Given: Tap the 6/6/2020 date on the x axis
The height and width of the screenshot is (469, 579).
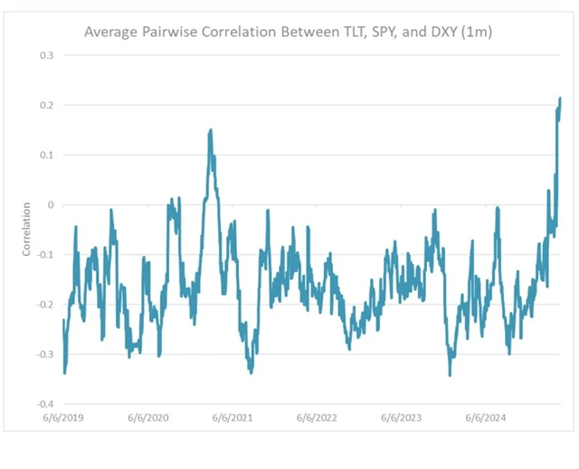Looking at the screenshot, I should tap(147, 418).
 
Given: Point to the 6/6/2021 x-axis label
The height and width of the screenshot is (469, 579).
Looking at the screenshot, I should tap(232, 418).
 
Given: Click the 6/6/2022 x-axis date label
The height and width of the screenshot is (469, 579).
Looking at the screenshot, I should tap(316, 418).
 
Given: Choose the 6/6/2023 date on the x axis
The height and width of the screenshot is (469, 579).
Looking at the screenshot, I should tap(401, 418).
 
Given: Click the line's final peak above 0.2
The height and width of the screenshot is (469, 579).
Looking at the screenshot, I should tap(560, 98).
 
